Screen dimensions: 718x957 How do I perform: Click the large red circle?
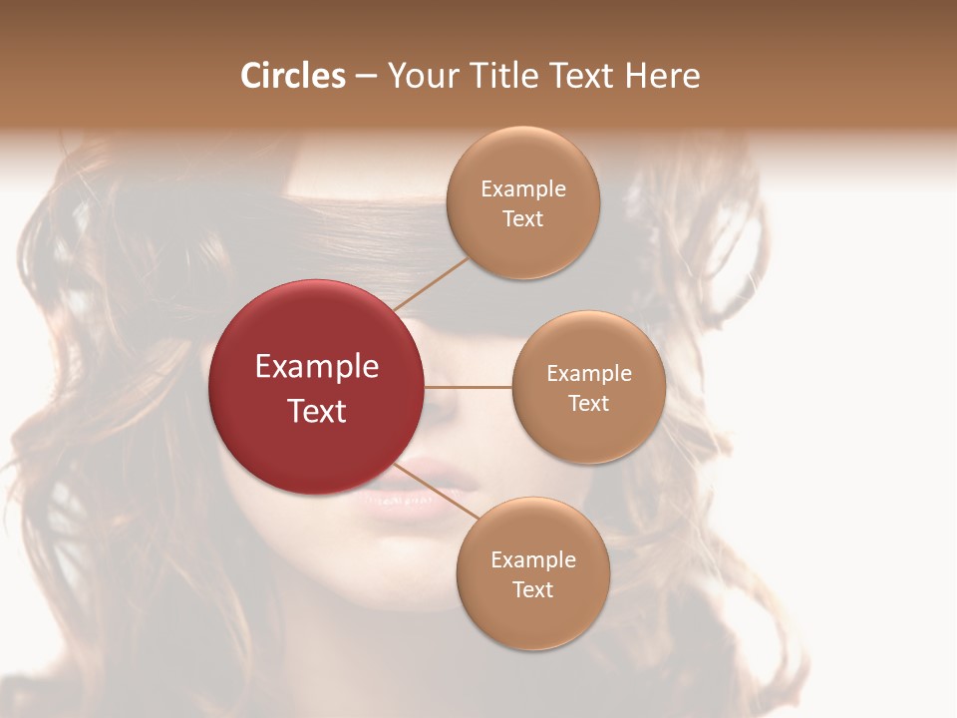[316, 387]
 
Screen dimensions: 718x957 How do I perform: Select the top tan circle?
[523, 202]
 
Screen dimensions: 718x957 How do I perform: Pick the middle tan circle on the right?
[589, 387]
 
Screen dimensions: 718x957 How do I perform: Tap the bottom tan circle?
[532, 573]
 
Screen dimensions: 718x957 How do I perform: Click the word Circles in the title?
[293, 76]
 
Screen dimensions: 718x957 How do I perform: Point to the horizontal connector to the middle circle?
[469, 387]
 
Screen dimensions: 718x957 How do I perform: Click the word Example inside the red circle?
[317, 367]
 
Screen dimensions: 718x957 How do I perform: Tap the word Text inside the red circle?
[317, 411]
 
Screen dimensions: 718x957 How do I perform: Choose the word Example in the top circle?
[523, 188]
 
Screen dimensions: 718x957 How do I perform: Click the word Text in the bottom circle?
[532, 589]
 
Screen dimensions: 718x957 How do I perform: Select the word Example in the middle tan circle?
[589, 373]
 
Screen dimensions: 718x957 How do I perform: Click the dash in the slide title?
[366, 76]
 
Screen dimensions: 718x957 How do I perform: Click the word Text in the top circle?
[523, 218]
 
